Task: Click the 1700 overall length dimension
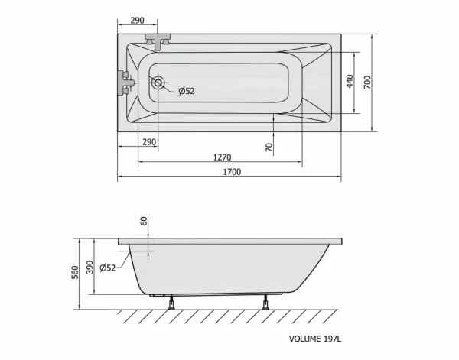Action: [232, 172]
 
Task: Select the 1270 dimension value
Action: [222, 157]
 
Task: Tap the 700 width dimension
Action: [367, 83]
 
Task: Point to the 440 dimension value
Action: [350, 81]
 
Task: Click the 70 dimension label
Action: [269, 147]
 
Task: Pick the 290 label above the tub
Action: [137, 20]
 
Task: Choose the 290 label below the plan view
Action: [149, 142]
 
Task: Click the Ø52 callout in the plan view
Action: [187, 91]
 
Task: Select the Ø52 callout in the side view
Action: [107, 268]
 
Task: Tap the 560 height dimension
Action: [75, 272]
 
